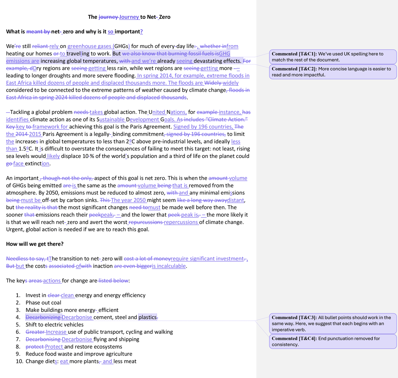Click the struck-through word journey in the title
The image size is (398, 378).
108,17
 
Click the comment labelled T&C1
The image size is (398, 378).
333,57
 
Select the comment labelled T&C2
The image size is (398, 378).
333,72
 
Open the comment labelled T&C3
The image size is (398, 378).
333,323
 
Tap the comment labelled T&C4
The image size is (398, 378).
333,341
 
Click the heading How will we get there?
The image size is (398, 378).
35,244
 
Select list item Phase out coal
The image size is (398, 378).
43,303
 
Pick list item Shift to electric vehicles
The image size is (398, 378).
54,325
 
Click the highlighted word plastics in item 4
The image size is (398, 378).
147,317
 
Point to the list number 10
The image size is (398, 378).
19,362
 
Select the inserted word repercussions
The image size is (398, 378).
181,222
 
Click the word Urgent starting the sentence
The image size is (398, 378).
15,230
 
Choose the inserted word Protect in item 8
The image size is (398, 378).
54,347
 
